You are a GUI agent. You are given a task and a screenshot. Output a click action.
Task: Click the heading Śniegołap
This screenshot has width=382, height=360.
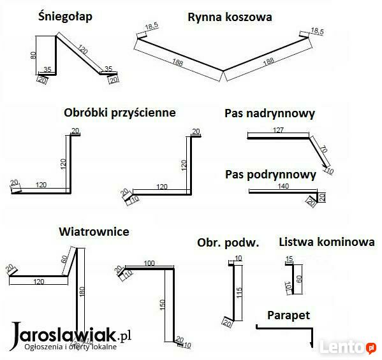tap(65, 17)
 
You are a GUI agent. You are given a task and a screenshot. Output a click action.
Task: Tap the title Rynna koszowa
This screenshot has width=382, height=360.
tap(230, 18)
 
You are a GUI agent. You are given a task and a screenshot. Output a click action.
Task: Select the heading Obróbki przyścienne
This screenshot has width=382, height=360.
tap(120, 113)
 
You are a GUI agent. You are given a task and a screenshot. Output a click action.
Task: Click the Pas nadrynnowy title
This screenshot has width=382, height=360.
tap(270, 113)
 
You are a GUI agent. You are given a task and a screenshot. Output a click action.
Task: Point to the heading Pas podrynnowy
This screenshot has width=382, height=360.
tap(270, 175)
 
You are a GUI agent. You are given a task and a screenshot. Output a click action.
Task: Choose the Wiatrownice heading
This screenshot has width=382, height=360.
tap(94, 231)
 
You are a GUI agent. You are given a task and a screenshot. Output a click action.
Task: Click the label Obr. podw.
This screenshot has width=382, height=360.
tap(228, 243)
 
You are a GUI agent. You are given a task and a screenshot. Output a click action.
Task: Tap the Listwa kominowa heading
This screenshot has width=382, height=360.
tap(327, 242)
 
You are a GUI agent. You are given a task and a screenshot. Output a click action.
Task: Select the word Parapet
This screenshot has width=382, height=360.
tap(288, 315)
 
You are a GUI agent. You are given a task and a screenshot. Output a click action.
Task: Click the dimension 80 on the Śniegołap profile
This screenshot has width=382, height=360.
tap(33, 55)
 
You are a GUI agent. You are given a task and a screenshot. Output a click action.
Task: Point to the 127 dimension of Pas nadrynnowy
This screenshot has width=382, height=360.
tap(278, 130)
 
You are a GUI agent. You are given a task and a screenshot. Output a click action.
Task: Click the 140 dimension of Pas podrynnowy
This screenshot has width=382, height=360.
tap(283, 186)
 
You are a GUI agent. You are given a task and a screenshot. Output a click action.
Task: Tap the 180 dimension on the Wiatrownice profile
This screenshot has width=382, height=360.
tap(82, 291)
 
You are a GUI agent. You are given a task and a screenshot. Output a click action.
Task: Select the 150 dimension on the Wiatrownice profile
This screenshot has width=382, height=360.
tap(163, 305)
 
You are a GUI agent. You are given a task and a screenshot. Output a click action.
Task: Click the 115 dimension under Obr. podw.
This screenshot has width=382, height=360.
tap(239, 292)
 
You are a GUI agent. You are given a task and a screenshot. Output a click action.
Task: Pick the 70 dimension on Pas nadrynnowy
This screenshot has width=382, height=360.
tap(323, 149)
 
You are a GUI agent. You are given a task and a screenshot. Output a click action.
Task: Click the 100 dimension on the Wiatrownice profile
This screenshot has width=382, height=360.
tap(149, 263)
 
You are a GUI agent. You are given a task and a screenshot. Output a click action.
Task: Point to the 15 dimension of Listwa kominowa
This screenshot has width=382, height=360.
tap(289, 259)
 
